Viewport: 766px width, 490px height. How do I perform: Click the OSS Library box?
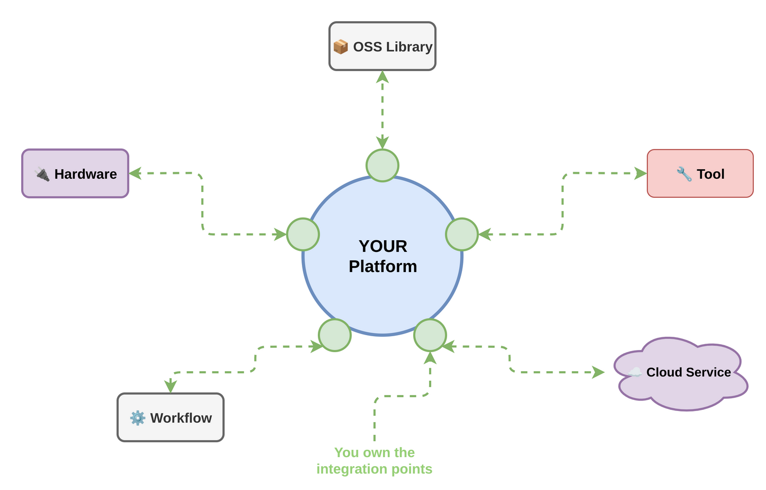[x=382, y=46]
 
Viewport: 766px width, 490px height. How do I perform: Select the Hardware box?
[x=75, y=173]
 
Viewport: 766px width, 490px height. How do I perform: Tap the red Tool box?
[x=700, y=173]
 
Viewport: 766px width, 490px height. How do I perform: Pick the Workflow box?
[x=170, y=417]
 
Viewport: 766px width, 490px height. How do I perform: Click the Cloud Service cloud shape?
[x=681, y=373]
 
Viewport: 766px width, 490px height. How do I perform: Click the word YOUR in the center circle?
[x=382, y=246]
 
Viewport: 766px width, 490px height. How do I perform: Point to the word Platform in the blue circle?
[x=382, y=266]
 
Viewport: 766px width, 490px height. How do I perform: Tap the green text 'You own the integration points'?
[x=374, y=460]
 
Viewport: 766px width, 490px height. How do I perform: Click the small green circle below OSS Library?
[x=382, y=165]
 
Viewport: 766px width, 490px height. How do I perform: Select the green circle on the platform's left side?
[x=303, y=234]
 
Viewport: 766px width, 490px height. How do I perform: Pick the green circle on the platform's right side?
[x=462, y=234]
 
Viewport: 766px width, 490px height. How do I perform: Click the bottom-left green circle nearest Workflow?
[x=335, y=335]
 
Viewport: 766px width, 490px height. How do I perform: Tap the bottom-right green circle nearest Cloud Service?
[x=430, y=335]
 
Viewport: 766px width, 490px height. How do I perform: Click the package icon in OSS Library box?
[x=341, y=47]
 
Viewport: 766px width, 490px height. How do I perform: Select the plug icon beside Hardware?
[x=42, y=174]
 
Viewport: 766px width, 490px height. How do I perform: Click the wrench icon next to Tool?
[x=684, y=174]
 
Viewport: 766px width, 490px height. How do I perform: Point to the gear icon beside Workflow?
[x=138, y=418]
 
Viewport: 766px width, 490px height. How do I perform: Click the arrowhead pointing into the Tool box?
[x=640, y=173]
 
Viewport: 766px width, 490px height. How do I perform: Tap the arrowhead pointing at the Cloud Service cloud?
[x=598, y=372]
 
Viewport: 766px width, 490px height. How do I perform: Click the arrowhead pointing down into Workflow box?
[x=170, y=386]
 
